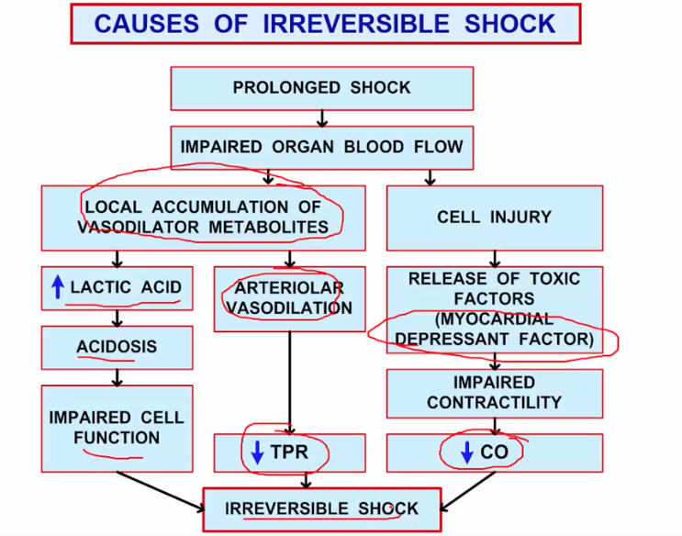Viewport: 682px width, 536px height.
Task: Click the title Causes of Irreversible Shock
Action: click(x=325, y=24)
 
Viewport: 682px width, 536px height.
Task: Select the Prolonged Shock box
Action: click(x=321, y=88)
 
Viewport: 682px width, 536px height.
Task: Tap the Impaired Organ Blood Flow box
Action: click(x=321, y=147)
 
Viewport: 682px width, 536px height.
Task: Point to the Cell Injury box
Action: click(x=494, y=218)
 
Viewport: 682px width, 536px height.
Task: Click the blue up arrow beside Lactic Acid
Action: click(x=57, y=287)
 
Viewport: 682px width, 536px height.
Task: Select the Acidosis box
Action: click(x=117, y=347)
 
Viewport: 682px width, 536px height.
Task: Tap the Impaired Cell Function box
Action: click(x=117, y=428)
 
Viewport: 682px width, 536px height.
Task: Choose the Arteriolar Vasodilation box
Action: click(x=289, y=298)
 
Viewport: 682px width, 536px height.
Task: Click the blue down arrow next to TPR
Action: click(x=257, y=452)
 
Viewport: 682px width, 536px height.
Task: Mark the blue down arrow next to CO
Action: click(x=465, y=452)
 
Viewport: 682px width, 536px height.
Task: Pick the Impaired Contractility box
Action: click(x=494, y=392)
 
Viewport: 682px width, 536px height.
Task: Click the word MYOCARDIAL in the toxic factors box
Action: click(x=496, y=319)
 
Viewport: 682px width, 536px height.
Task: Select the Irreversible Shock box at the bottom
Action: click(x=321, y=508)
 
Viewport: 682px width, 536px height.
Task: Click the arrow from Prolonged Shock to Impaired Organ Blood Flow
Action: click(x=322, y=117)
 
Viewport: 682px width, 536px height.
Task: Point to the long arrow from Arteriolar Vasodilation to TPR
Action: click(x=290, y=381)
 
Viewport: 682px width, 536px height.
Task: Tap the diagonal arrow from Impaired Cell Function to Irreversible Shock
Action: click(x=161, y=489)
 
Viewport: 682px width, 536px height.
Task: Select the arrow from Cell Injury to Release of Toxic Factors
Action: click(x=495, y=258)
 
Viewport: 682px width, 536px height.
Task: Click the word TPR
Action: click(x=289, y=452)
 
